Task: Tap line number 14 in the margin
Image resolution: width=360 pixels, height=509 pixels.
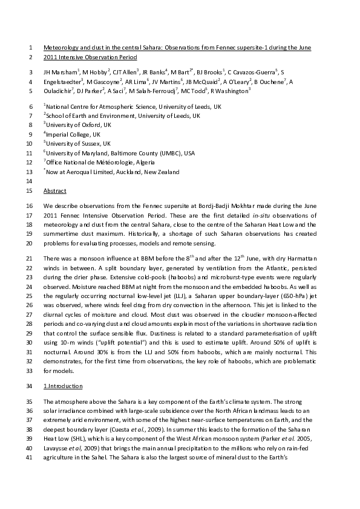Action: [31, 181]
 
